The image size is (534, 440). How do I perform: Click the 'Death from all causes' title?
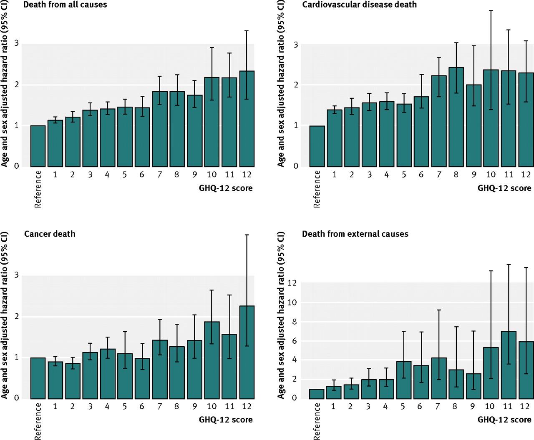pos(65,4)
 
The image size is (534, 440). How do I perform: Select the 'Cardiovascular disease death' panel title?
pos(359,4)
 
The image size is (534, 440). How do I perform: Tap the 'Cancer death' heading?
pos(50,234)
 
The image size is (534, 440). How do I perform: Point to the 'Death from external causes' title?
pos(355,234)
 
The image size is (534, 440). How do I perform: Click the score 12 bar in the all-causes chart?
pos(247,119)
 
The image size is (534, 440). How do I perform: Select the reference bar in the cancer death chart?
pos(38,378)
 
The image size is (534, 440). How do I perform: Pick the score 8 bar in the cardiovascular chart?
pos(456,117)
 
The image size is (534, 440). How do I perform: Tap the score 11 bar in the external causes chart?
pos(509,365)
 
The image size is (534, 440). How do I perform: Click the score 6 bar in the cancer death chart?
pos(142,378)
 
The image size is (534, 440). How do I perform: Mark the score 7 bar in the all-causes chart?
pos(160,129)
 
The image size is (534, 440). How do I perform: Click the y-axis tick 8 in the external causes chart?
pos(295,321)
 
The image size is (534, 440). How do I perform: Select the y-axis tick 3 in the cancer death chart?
pos(17,275)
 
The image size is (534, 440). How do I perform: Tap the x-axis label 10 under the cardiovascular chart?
pos(491,175)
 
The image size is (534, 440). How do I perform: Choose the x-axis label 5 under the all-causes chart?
pos(125,175)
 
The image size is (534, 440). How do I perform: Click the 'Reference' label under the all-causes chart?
pos(38,189)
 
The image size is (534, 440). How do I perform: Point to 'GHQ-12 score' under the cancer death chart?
pos(226,419)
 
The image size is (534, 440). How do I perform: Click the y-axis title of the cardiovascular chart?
pos(281,84)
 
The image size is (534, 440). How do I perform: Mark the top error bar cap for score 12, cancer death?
pos(247,235)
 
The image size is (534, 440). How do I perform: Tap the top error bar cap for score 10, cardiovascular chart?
pos(491,11)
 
